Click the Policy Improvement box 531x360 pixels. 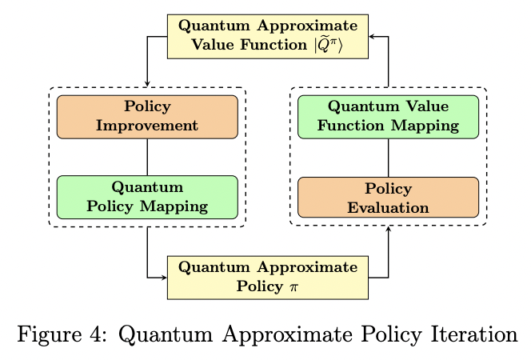tap(147, 117)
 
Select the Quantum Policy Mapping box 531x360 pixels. tap(147, 197)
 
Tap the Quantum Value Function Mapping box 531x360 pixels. tap(388, 117)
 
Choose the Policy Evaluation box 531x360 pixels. tap(388, 198)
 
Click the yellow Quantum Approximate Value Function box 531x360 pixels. tap(267, 36)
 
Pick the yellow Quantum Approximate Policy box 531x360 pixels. tap(267, 277)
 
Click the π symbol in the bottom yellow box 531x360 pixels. tap(293, 286)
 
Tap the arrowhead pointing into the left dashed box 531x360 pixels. tap(147, 84)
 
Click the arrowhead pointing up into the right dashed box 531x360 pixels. tap(388, 230)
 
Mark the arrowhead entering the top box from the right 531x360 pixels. tap(372, 37)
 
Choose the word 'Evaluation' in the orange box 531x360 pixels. tap(388, 207)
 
